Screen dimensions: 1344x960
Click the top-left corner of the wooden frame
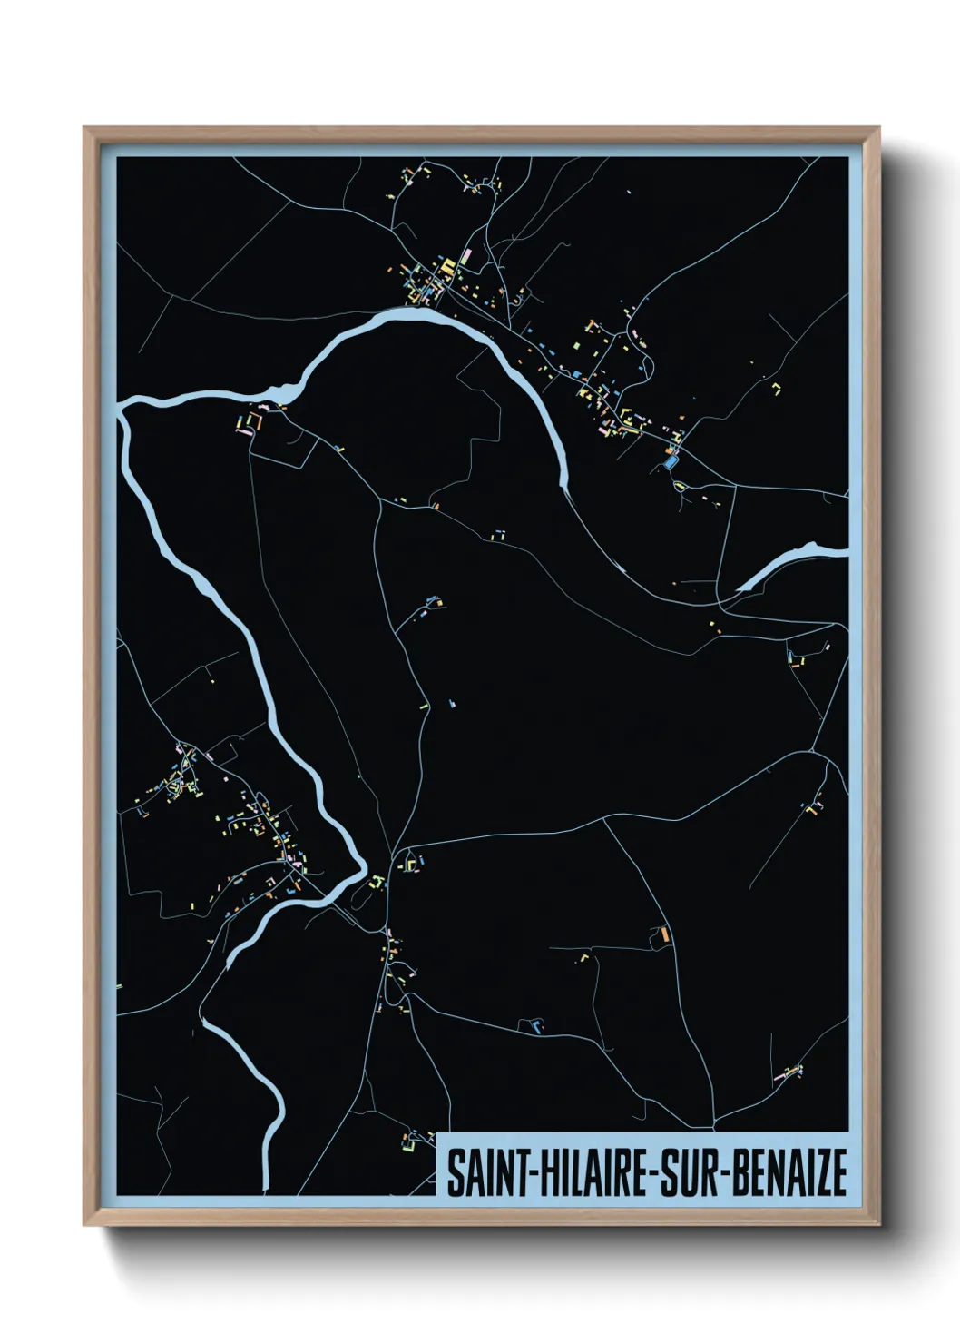point(85,129)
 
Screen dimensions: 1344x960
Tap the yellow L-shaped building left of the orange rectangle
point(583,956)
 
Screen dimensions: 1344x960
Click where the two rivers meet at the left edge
point(125,406)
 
